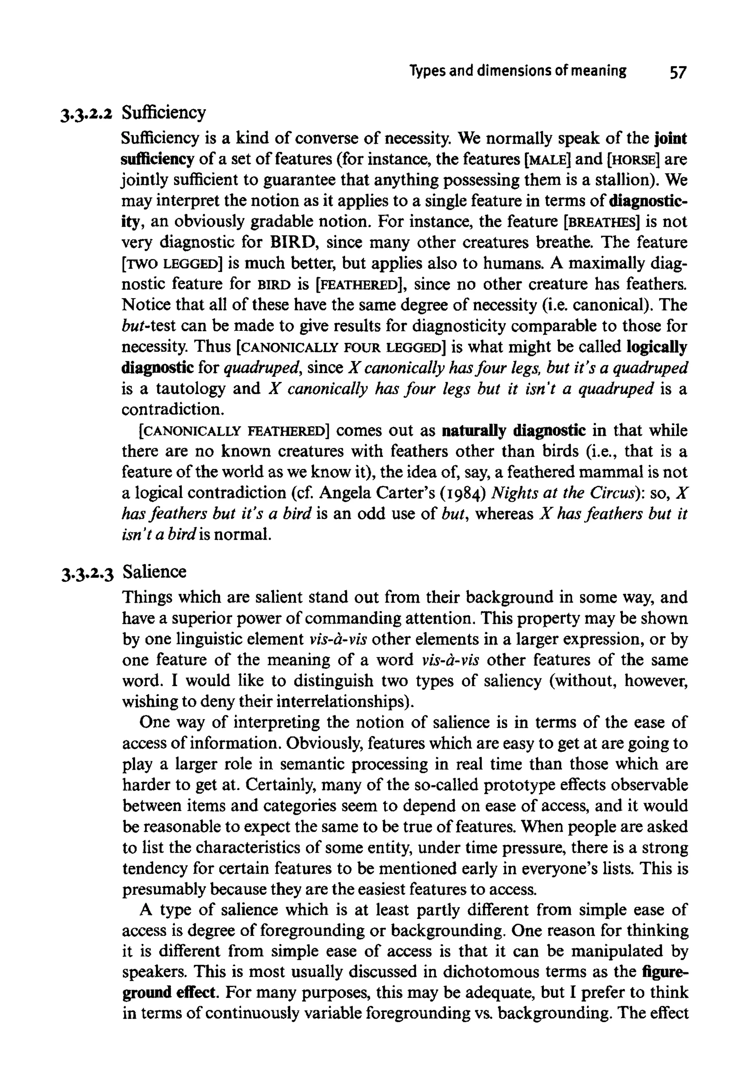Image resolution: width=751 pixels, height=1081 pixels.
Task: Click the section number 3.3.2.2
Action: pyautogui.click(x=87, y=114)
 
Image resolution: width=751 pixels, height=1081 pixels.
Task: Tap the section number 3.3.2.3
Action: pyautogui.click(x=87, y=573)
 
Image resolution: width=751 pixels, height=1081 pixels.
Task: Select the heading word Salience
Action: pyautogui.click(x=154, y=572)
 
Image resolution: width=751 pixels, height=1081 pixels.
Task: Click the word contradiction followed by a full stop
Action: pyautogui.click(x=172, y=410)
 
